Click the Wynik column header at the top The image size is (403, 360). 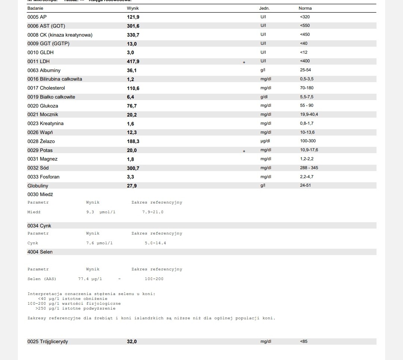click(x=133, y=8)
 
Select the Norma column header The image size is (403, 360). click(x=305, y=8)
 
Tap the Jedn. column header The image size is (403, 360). click(x=264, y=8)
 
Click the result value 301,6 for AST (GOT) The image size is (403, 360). click(x=133, y=26)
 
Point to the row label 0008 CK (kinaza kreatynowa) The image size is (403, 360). click(x=60, y=35)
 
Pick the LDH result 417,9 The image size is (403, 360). click(x=133, y=61)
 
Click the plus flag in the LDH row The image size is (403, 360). click(x=244, y=62)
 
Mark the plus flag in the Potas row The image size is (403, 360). click(x=244, y=151)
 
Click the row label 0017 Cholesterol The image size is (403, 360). click(x=46, y=88)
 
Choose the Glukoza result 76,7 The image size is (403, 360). click(x=132, y=106)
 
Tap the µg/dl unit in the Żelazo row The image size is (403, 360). click(x=265, y=141)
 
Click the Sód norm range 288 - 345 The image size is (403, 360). click(x=309, y=168)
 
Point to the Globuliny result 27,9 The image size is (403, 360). click(x=132, y=186)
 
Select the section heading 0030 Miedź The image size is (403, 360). click(x=40, y=195)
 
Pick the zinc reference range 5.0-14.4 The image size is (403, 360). click(x=155, y=243)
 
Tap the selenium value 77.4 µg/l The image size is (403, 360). click(x=90, y=279)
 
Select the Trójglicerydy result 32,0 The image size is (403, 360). click(x=132, y=342)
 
